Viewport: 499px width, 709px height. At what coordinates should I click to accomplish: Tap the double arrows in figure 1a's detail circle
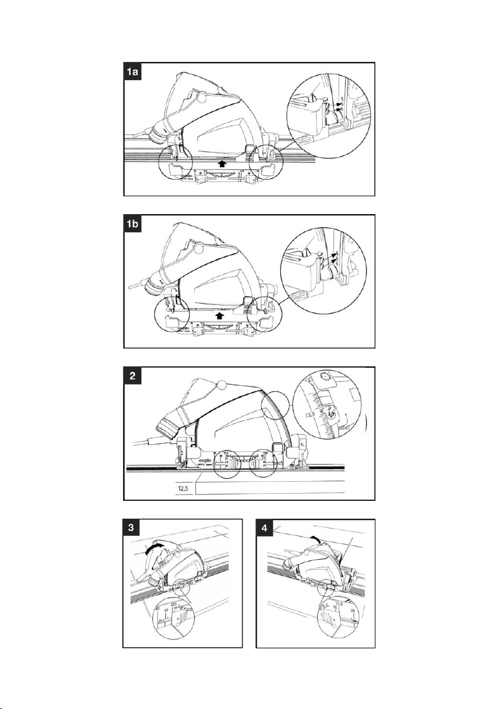tap(337, 106)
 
